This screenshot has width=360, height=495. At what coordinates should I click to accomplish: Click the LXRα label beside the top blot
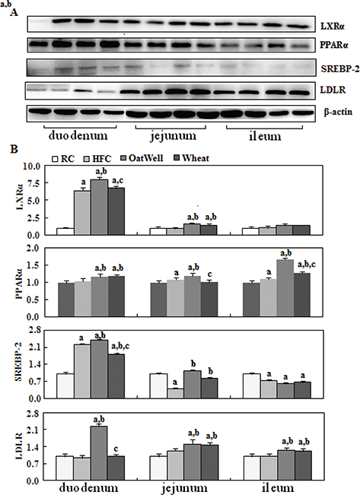329,26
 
